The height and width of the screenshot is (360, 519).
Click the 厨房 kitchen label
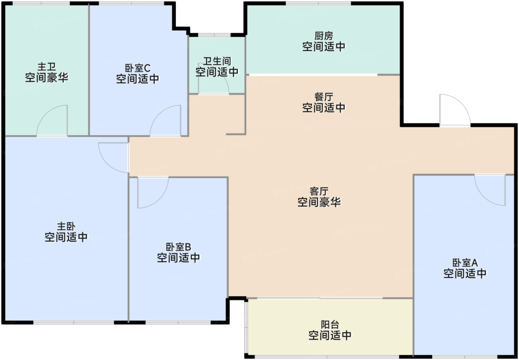click(x=324, y=36)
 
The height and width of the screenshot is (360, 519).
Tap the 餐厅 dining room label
click(x=324, y=97)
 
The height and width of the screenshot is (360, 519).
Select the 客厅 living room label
click(x=319, y=191)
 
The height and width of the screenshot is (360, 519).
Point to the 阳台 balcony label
click(x=330, y=325)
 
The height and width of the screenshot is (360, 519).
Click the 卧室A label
click(x=465, y=263)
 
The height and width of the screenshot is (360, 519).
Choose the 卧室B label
click(x=178, y=247)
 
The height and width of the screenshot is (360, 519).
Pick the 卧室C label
click(x=138, y=68)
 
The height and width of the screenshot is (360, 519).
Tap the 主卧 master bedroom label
click(x=66, y=226)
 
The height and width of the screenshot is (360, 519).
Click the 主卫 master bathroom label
click(x=46, y=67)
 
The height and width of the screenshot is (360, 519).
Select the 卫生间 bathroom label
click(x=217, y=61)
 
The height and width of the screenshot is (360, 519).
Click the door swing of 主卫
click(x=53, y=121)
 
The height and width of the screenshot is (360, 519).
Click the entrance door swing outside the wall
click(x=454, y=110)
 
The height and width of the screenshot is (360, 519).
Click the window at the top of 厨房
click(x=318, y=4)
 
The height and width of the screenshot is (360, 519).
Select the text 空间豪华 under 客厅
click(x=319, y=202)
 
